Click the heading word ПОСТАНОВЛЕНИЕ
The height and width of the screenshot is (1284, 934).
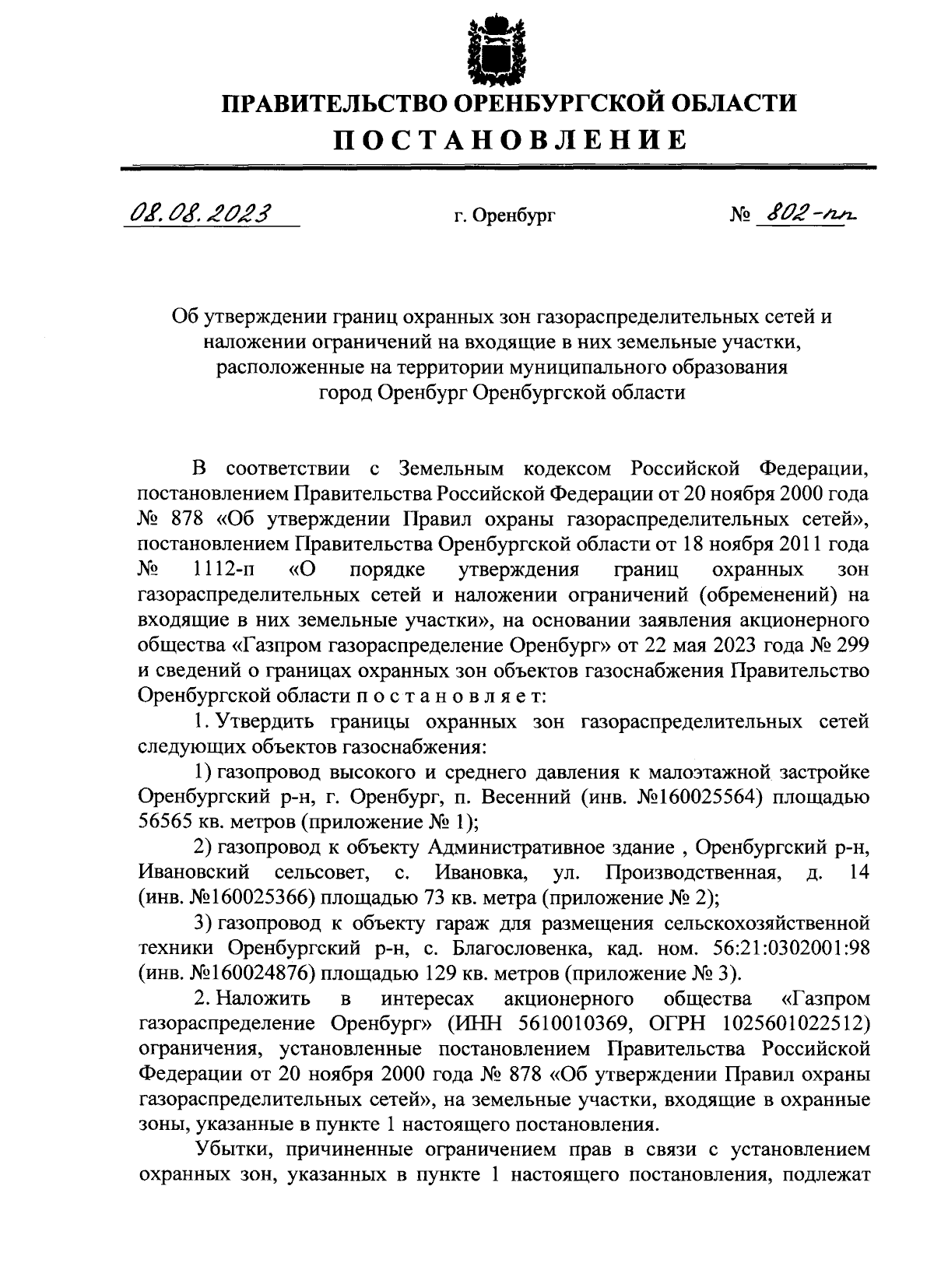tap(511, 139)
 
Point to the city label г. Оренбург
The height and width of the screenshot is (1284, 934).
tap(505, 216)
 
